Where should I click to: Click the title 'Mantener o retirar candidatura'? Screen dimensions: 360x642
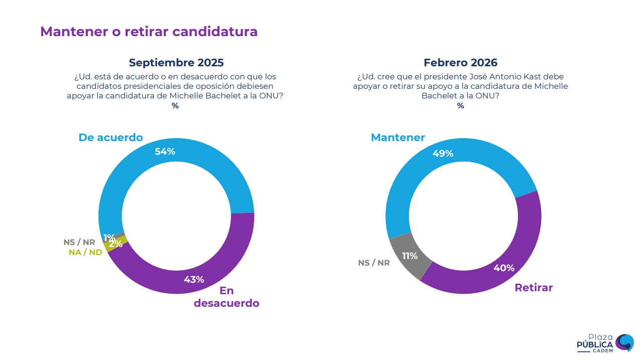(x=149, y=32)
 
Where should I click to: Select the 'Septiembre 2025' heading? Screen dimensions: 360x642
(x=176, y=63)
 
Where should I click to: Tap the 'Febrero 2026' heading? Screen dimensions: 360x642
(x=460, y=63)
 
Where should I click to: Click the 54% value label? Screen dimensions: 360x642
(x=165, y=151)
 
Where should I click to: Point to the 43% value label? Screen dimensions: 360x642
(x=193, y=280)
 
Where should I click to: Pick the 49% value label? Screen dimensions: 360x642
(x=443, y=154)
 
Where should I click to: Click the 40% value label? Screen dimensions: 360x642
(x=504, y=268)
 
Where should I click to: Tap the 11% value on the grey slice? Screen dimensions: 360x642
(x=409, y=256)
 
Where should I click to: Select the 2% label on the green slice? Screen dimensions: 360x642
(x=116, y=244)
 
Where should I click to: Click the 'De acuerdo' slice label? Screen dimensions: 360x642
(x=111, y=138)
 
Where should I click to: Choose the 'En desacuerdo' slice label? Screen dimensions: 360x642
(x=227, y=297)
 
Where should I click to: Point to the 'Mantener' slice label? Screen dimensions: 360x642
(x=397, y=138)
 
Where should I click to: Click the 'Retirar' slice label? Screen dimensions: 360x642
(x=533, y=288)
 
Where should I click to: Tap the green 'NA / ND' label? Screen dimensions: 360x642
(x=85, y=253)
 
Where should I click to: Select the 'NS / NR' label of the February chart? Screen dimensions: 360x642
(x=374, y=263)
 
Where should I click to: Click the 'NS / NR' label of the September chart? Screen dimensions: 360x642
(x=79, y=243)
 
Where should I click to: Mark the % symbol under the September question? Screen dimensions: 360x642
(x=175, y=106)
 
